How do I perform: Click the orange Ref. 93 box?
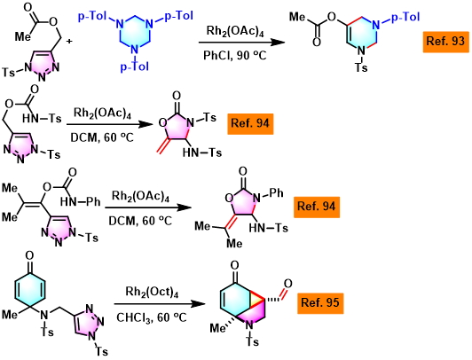click(445, 42)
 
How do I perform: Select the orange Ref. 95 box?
click(320, 303)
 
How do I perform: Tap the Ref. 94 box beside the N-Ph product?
click(317, 207)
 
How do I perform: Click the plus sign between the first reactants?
click(69, 41)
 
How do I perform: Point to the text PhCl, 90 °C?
click(235, 55)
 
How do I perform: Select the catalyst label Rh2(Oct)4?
click(152, 292)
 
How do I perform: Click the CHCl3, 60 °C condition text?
click(152, 317)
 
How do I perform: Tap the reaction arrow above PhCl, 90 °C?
click(241, 43)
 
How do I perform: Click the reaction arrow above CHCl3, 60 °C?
click(160, 304)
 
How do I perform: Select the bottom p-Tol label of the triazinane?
click(135, 67)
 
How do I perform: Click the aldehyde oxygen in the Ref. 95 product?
click(287, 284)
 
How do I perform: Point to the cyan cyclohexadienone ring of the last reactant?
click(30, 290)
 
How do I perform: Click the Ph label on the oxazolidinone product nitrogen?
click(276, 192)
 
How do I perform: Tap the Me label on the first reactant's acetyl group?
click(23, 36)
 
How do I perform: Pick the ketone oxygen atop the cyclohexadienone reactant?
click(29, 255)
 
